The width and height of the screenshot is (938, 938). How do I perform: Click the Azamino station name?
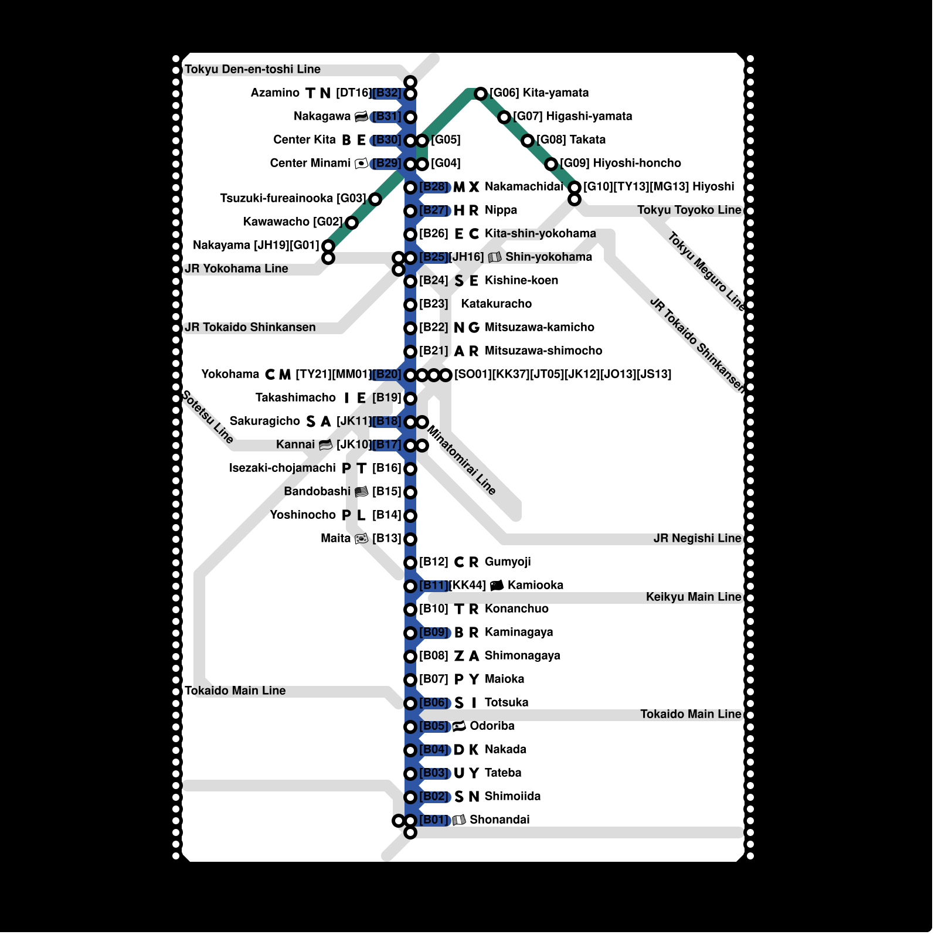[x=275, y=93]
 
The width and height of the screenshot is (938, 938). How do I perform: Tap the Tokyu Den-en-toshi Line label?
[x=253, y=70]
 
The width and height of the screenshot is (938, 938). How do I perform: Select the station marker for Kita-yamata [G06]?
[x=481, y=94]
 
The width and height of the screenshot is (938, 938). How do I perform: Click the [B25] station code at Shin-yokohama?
[x=434, y=257]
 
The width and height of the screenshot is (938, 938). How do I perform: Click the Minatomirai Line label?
[x=461, y=460]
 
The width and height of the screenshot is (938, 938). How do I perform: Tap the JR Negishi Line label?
[x=697, y=539]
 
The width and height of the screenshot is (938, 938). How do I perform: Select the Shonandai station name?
[x=499, y=820]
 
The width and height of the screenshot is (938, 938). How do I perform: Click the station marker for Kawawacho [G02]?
[x=352, y=223]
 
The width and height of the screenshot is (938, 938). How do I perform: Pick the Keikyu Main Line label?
[x=694, y=597]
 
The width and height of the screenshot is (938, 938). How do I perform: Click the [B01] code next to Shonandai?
[x=434, y=820]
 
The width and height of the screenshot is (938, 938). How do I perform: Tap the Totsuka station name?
[x=507, y=703]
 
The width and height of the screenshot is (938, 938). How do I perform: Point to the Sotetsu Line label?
[x=208, y=416]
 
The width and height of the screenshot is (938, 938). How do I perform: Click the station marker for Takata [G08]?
[x=528, y=141]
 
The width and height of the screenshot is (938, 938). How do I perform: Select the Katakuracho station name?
[x=496, y=304]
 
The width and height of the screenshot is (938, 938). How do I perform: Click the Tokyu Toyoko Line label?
[x=689, y=210]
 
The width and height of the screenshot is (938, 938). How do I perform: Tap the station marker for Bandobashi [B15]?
[x=410, y=492]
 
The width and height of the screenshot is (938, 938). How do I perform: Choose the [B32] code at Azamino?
[x=387, y=93]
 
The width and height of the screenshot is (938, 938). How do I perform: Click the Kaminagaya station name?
[x=519, y=633]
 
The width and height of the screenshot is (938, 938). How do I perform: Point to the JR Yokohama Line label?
[x=236, y=269]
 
